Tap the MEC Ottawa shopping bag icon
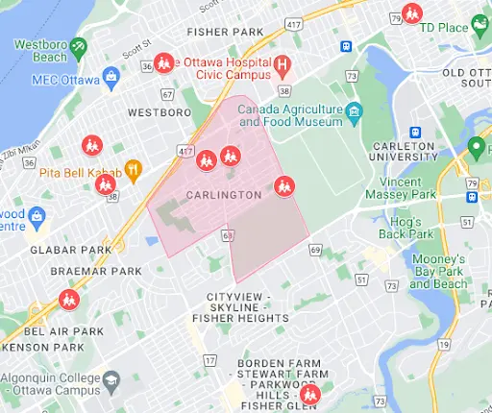tap(111, 75)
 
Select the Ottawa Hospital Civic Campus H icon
tap(283, 66)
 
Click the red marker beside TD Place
tap(412, 15)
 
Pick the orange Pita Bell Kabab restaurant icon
tap(134, 172)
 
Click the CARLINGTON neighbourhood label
tap(224, 195)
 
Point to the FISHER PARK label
tap(227, 33)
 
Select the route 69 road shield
tap(314, 251)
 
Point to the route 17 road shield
tap(210, 359)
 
